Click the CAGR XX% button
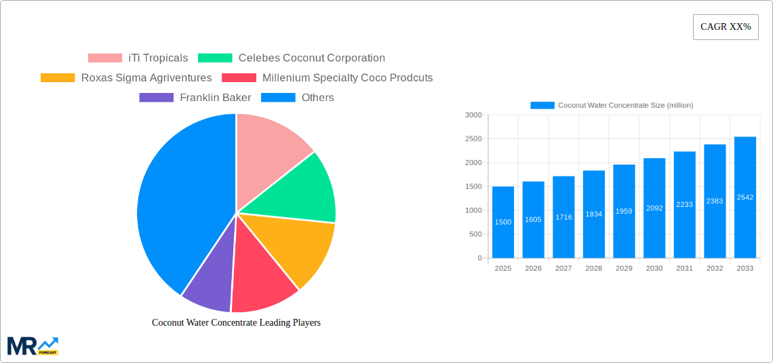[x=726, y=27]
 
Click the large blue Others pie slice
[x=180, y=204]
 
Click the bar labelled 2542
[x=745, y=197]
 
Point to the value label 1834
[x=593, y=214]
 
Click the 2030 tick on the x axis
[x=654, y=269]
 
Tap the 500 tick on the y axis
[x=475, y=234]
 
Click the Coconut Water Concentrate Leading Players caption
[x=236, y=323]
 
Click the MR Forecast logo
[x=33, y=346]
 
